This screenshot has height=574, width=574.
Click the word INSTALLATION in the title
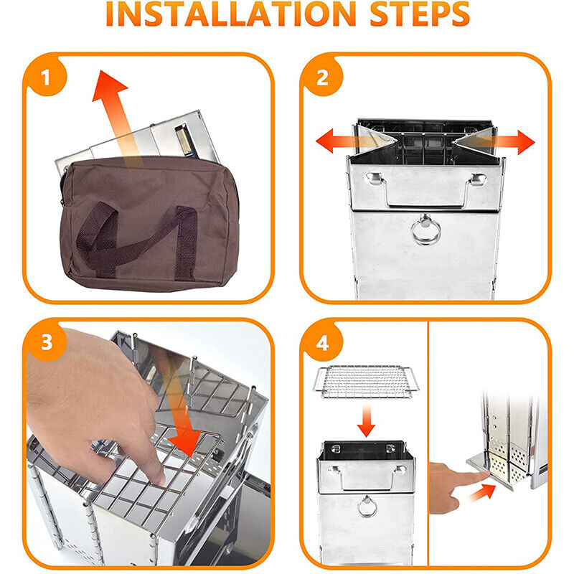[230, 14]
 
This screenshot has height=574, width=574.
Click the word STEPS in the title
[420, 14]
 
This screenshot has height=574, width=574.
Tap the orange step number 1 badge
[45, 77]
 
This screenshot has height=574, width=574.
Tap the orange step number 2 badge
[321, 77]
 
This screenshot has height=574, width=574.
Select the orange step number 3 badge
[46, 342]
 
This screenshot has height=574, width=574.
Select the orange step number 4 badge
[322, 343]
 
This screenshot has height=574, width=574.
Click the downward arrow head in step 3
[186, 441]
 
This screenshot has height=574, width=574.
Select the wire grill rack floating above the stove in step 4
[366, 382]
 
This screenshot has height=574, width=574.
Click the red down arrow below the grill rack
[366, 421]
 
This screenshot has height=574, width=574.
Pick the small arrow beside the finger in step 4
[481, 493]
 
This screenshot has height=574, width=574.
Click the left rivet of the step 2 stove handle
[374, 178]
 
